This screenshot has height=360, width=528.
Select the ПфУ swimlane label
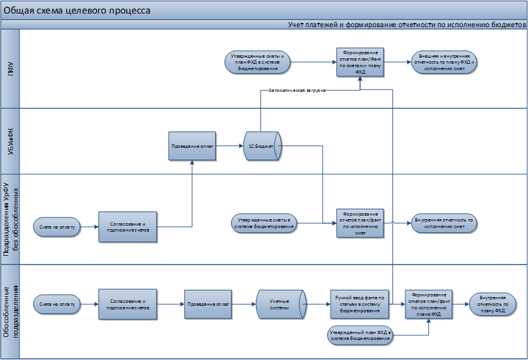click(10, 68)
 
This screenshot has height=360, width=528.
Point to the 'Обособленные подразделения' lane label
click(10, 313)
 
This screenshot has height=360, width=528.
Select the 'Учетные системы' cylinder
click(279, 304)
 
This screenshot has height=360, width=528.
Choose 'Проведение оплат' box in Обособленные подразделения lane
click(207, 304)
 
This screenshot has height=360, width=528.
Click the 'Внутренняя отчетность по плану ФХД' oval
click(492, 304)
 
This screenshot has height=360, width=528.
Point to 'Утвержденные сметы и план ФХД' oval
click(258, 62)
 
